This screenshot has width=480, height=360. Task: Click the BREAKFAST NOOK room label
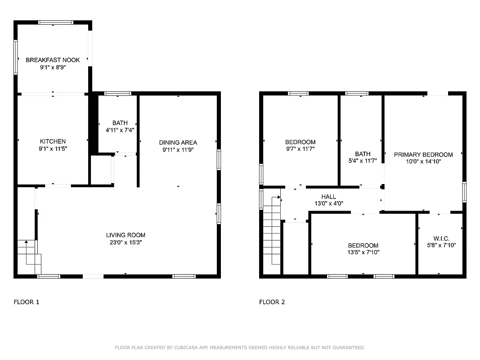[53, 60]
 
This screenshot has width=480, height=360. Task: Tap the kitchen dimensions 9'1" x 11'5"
[53, 148]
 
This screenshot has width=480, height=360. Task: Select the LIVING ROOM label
[126, 235]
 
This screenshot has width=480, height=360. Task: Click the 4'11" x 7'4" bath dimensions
[117, 130]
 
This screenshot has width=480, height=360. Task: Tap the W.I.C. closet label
[441, 238]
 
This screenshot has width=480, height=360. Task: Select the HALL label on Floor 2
[328, 197]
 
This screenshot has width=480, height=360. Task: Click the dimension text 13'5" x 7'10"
[363, 252]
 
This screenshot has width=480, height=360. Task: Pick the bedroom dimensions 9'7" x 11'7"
[300, 148]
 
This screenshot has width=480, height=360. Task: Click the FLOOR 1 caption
[27, 302]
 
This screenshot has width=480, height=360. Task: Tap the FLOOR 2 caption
[272, 302]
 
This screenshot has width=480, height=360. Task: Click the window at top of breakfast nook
[56, 22]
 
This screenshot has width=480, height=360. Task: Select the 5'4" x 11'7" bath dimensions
[363, 161]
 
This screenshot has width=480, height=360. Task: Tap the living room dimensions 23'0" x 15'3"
[126, 242]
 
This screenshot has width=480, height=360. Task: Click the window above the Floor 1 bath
[117, 94]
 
